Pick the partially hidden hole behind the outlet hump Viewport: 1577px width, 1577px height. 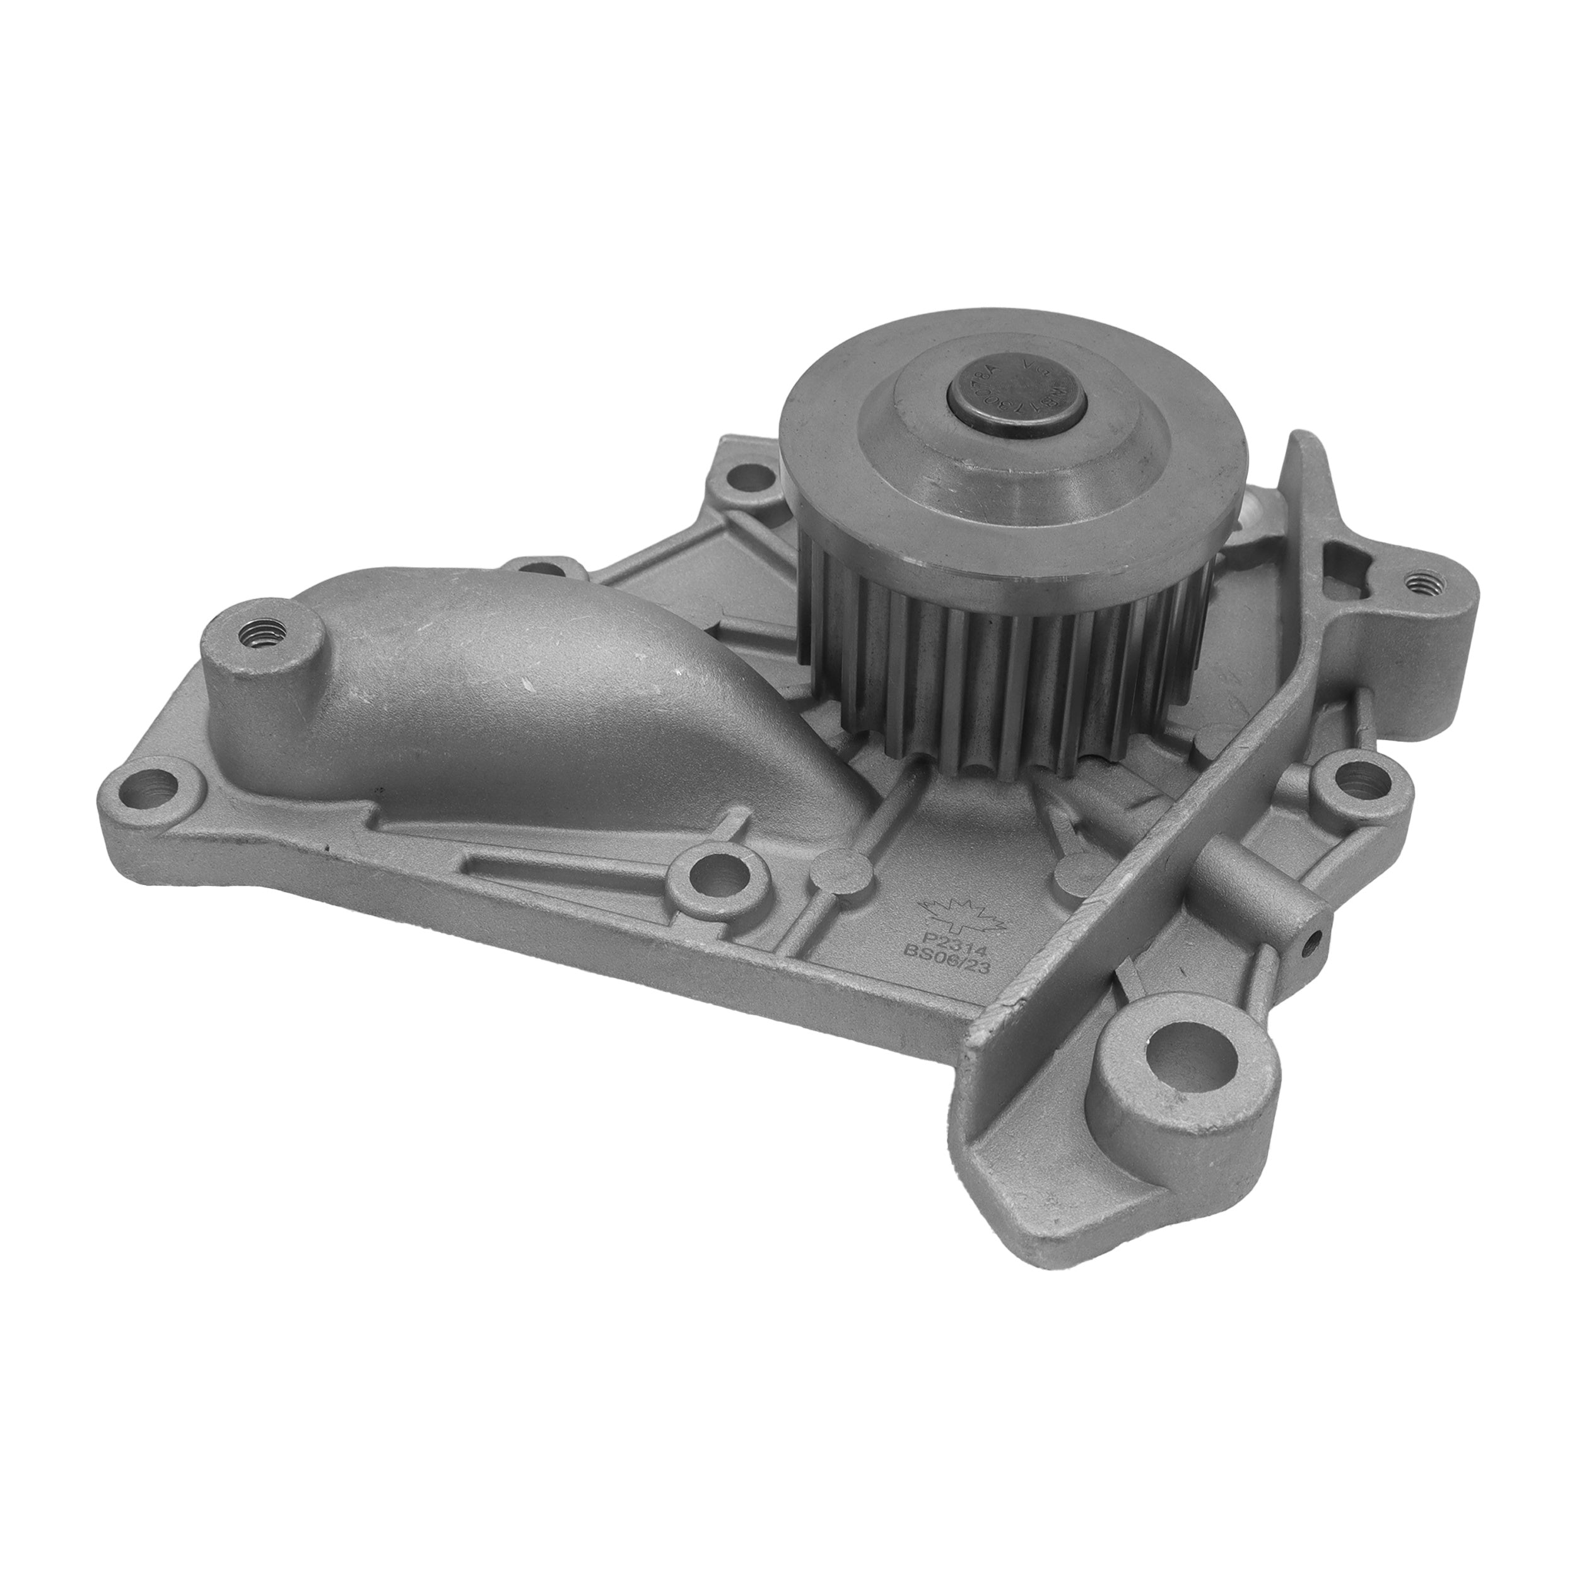[539, 563]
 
